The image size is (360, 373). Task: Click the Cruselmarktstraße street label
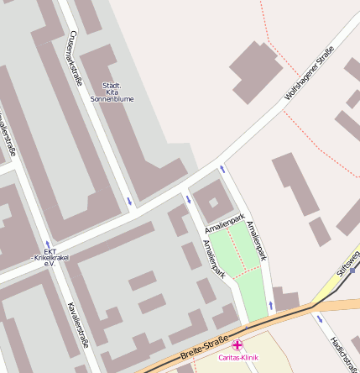[x=76, y=57]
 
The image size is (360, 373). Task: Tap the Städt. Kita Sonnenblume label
[x=112, y=92]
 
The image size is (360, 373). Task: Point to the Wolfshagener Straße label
[x=309, y=76]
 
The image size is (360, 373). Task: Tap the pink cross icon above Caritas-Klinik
[x=237, y=344]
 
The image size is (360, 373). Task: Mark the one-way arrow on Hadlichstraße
[x=319, y=318]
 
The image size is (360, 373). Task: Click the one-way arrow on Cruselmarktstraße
[x=129, y=200]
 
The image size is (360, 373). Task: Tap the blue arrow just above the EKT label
[x=48, y=244]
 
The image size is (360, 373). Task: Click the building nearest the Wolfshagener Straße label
[x=253, y=71]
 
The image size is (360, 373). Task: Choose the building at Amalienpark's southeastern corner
[x=285, y=299]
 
